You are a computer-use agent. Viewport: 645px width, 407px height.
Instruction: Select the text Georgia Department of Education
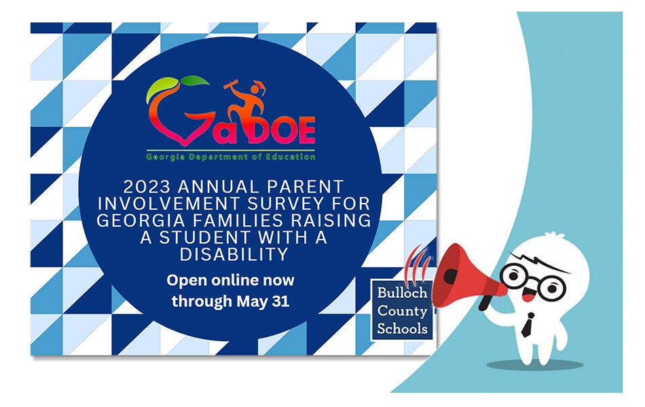230,157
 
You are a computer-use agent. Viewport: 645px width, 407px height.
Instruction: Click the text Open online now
230,280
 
